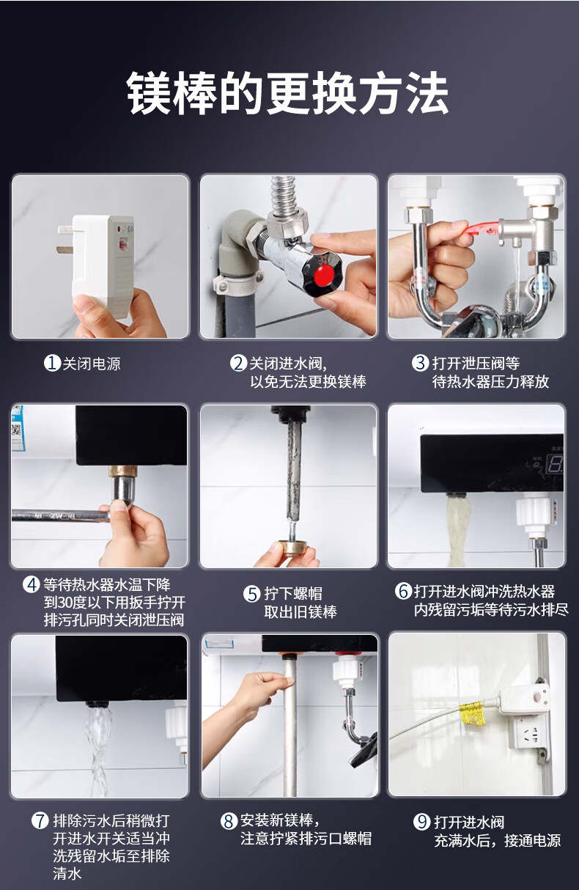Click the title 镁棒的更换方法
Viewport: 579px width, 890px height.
288,93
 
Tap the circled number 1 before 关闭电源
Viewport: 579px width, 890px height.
52,363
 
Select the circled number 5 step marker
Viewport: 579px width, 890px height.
251,594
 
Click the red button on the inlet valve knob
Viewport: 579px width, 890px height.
324,276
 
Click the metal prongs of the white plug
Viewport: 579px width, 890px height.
65,240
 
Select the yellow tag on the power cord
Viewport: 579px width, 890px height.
472,715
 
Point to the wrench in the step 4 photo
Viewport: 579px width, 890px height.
60,516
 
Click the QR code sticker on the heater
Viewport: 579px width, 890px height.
17,430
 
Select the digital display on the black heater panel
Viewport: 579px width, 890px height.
555,463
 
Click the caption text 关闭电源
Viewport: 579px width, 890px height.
92,364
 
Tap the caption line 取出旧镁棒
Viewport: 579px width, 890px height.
300,611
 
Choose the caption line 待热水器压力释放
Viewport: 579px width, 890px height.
490,382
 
